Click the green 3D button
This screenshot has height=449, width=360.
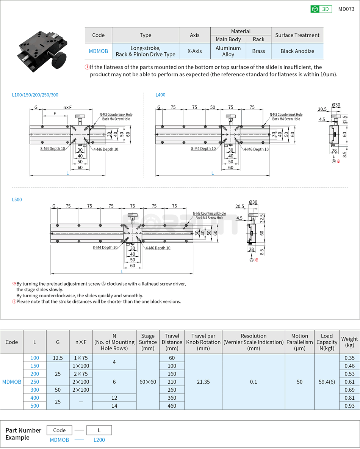pos(321,9)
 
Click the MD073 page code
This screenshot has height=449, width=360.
pos(346,9)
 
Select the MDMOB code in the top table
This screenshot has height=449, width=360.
pos(98,51)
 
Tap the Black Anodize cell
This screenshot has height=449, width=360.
pos(297,51)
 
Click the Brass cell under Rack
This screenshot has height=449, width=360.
pos(258,51)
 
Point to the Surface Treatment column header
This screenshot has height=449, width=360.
pos(297,35)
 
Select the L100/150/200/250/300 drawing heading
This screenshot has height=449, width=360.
pos(35,95)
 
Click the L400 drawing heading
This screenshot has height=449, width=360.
pos(160,95)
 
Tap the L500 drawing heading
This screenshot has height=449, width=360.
pos(17,199)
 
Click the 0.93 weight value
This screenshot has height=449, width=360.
pos(349,406)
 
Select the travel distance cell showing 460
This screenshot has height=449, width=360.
pos(172,406)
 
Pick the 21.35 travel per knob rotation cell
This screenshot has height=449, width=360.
pos(203,382)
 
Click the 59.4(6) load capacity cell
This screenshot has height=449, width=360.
pos(327,382)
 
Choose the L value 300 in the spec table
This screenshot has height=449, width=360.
pos(35,390)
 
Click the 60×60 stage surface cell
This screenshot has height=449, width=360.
pos(148,382)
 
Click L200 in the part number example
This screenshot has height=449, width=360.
pos(99,440)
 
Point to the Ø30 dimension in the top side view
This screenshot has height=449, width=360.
pos(335,105)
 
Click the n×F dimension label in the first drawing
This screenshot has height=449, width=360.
pos(68,107)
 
